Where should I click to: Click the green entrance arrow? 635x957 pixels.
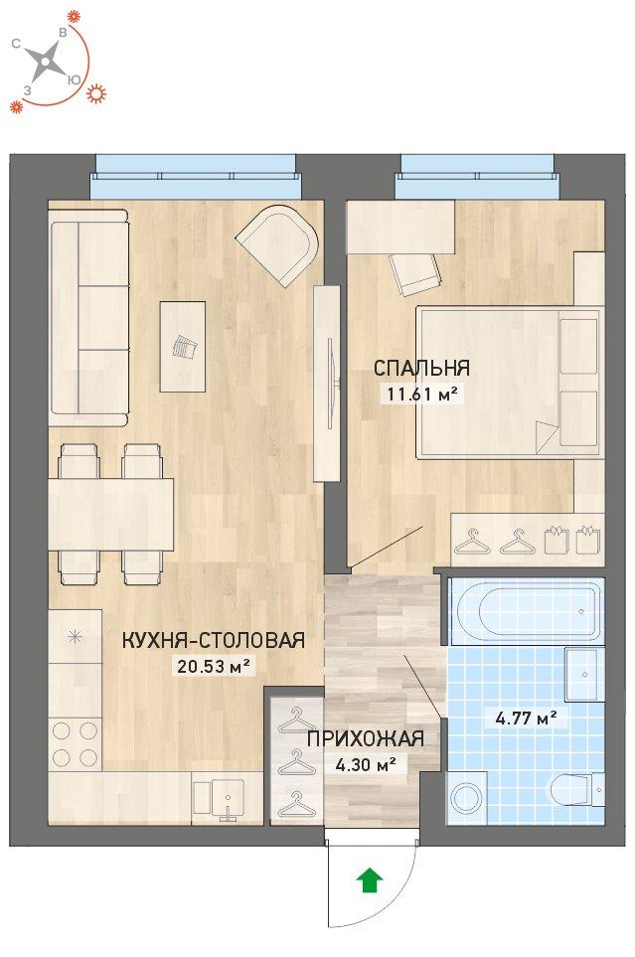tap(370, 880)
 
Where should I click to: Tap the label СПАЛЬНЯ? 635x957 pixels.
tap(421, 368)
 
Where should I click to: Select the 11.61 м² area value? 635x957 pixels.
tap(421, 394)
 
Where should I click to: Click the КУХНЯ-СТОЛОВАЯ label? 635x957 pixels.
tap(214, 640)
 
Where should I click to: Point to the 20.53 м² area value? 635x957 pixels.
tap(215, 666)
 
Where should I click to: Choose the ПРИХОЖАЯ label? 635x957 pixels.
tap(365, 739)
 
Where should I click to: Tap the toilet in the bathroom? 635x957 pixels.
tap(577, 790)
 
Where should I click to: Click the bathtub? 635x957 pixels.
tap(527, 611)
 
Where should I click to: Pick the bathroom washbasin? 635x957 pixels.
tap(584, 675)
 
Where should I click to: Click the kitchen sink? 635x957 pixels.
tap(219, 800)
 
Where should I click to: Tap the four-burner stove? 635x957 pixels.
tap(76, 743)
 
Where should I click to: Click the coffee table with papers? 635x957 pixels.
tap(183, 347)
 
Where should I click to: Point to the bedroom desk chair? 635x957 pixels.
tap(415, 273)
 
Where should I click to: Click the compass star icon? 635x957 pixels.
tap(47, 62)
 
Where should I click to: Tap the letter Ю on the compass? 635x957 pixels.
tap(75, 80)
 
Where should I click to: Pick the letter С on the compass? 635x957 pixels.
tap(17, 44)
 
